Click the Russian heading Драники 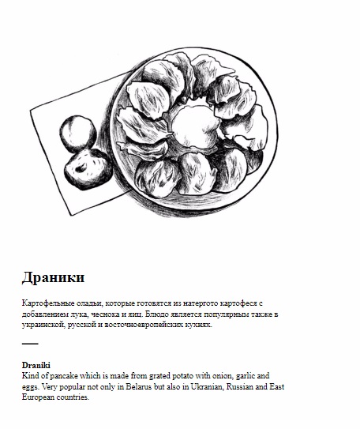(x=53, y=277)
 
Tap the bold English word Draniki (x=36, y=366)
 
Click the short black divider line (x=30, y=344)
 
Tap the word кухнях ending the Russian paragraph (x=195, y=324)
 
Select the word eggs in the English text (x=30, y=387)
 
